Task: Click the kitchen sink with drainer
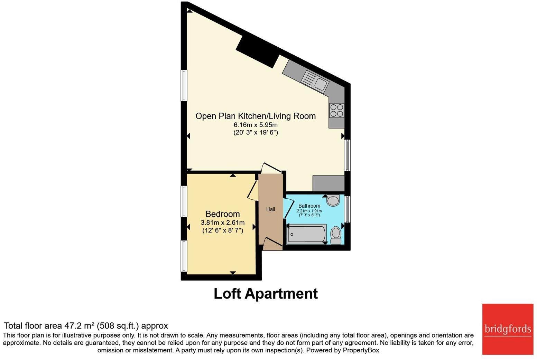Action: click(315, 82)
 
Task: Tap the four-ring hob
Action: click(336, 111)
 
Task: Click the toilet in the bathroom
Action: click(336, 235)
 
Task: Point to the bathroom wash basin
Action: click(333, 200)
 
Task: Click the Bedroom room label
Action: click(222, 214)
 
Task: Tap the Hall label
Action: click(270, 209)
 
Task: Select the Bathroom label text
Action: click(309, 206)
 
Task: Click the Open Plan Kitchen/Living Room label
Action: click(256, 116)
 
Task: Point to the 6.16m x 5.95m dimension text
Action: click(256, 125)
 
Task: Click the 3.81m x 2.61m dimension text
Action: click(223, 222)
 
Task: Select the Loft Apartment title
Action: click(266, 294)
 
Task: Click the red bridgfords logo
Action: click(508, 329)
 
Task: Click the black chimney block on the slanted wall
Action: click(258, 51)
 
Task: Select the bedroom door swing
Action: click(252, 190)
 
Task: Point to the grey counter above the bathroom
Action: click(328, 183)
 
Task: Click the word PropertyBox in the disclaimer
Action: click(361, 350)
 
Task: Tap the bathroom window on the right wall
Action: click(348, 209)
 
